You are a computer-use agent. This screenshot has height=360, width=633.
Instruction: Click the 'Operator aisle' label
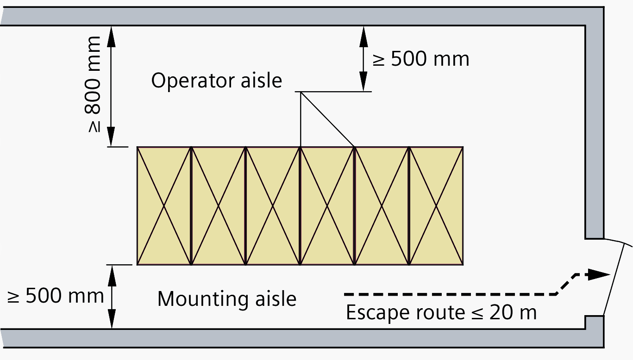pos(216,81)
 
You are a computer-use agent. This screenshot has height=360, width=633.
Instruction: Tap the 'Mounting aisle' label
pos(226,299)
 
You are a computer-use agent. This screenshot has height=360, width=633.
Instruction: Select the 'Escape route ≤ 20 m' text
pos(441,313)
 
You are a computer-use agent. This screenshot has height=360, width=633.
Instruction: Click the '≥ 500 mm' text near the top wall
pos(421,59)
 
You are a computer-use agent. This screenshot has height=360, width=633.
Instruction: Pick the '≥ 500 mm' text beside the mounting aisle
pos(56,296)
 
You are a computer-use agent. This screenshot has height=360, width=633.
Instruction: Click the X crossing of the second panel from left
pos(218,205)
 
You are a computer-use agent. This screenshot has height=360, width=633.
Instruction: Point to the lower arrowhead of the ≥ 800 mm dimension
pos(111,138)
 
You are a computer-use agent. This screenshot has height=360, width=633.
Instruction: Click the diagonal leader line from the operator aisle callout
pos(327,119)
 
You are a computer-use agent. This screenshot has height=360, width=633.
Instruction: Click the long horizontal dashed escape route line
pos(449,294)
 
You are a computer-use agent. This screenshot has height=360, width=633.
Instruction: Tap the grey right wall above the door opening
pos(594,130)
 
